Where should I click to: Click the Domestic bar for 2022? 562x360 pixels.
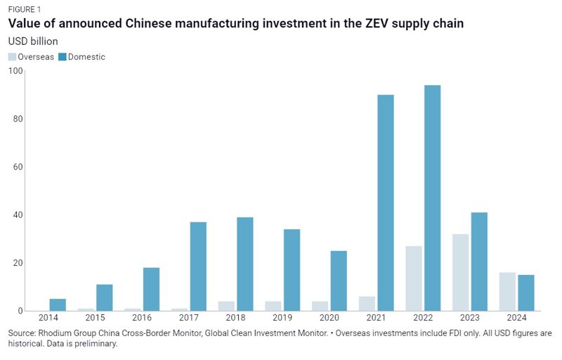[x=432, y=198]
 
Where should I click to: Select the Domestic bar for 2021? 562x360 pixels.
[x=386, y=202]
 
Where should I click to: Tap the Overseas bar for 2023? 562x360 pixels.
[x=461, y=272]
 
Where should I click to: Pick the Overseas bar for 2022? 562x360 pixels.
[x=414, y=278]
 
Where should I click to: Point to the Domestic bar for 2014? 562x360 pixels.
[x=58, y=304]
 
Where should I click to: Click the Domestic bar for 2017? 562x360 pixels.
[x=198, y=266]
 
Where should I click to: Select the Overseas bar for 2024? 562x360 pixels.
[x=507, y=291]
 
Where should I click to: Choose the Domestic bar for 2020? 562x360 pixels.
[x=339, y=281]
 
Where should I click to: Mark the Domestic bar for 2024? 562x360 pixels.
[x=526, y=292]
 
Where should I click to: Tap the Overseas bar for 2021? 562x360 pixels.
[x=367, y=303]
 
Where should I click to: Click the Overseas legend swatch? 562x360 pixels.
[x=13, y=57]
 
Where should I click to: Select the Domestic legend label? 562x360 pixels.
[x=86, y=57]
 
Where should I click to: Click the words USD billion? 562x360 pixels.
[x=33, y=41]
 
